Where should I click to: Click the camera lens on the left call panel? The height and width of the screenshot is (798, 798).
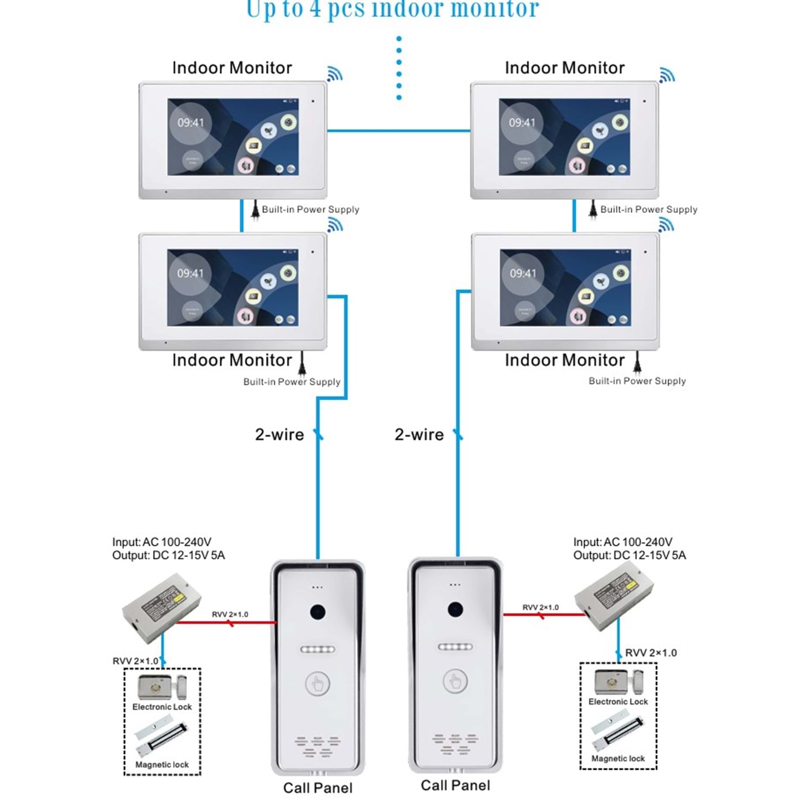click(x=318, y=612)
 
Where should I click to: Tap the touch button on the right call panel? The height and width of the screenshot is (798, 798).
click(x=455, y=680)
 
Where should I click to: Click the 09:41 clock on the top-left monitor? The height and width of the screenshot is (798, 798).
click(x=190, y=123)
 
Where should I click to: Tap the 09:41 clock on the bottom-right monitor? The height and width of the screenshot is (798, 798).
click(x=523, y=273)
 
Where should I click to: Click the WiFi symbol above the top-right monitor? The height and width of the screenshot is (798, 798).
click(x=667, y=75)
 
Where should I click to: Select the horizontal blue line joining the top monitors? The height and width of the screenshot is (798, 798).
click(x=398, y=130)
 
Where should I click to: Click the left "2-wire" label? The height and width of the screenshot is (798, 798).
click(x=279, y=435)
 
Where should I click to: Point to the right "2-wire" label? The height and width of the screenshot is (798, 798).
click(x=419, y=435)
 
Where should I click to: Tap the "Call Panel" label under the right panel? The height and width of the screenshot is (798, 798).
click(x=455, y=785)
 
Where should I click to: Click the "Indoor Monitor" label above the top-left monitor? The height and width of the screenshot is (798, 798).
click(x=232, y=68)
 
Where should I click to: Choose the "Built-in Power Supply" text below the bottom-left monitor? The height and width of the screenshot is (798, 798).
click(x=292, y=381)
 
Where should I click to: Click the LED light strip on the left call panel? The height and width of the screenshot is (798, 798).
click(x=318, y=650)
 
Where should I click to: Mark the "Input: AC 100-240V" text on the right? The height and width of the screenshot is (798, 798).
click(x=622, y=542)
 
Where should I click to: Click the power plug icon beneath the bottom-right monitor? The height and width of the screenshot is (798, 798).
click(x=638, y=363)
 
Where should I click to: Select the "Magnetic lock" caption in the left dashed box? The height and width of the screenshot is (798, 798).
click(x=162, y=764)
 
